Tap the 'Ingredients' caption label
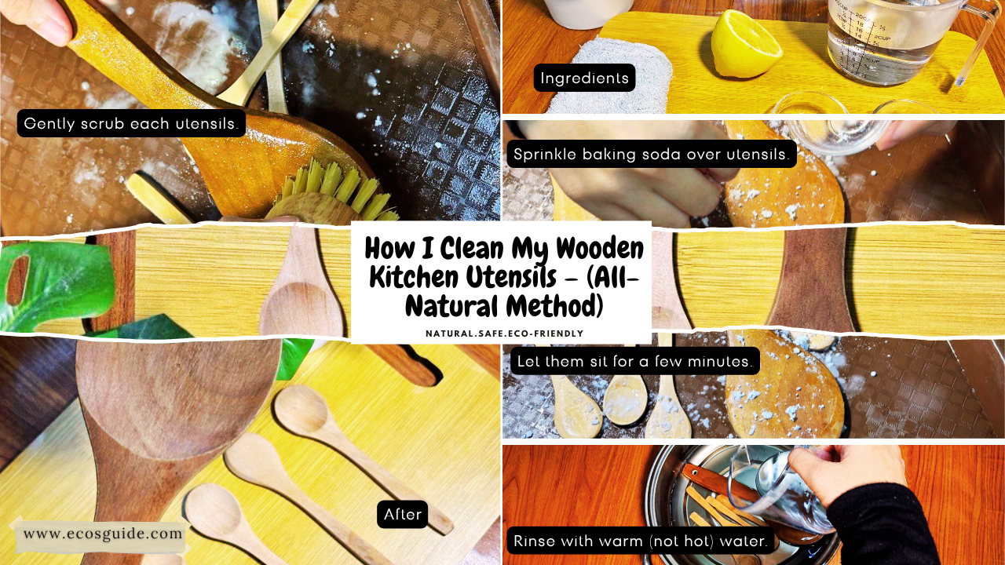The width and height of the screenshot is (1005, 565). click(584, 78)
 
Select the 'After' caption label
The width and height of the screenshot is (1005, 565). click(402, 514)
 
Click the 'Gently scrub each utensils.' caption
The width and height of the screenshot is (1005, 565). click(131, 123)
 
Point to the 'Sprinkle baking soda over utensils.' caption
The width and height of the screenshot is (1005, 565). click(651, 154)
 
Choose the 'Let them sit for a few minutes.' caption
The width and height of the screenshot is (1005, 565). click(634, 361)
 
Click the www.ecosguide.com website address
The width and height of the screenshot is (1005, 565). click(102, 534)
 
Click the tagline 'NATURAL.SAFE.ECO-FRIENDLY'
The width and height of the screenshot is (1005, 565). click(504, 334)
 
